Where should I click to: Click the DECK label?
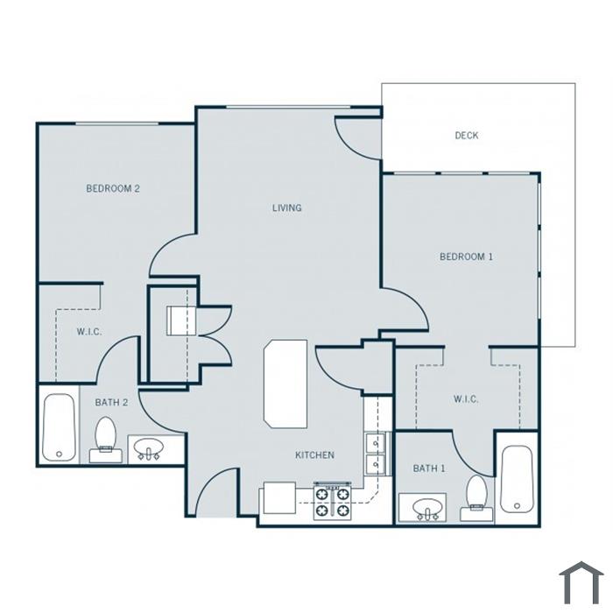pos(467,136)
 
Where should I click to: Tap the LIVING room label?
pos(287,208)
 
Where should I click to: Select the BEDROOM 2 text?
pos(113,188)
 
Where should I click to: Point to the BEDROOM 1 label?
pos(467,257)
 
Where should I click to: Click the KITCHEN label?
pos(314,455)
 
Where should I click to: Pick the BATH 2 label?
pos(111,402)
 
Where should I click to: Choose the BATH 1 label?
pos(429,468)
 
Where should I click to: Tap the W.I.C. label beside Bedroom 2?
pos(89,332)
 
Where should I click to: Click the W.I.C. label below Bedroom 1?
pos(466,399)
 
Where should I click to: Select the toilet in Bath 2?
pos(105,440)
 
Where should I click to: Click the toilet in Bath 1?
pos(476,498)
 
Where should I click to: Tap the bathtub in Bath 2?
pos(59,427)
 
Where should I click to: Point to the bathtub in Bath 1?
pos(517,479)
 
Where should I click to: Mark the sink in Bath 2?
pos(149,448)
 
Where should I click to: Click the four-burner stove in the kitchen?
pos(332,503)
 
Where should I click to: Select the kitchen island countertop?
pos(285,384)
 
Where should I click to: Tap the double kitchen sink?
pos(376,454)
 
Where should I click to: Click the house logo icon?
pos(581,582)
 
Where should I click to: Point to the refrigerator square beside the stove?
pos(279,497)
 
